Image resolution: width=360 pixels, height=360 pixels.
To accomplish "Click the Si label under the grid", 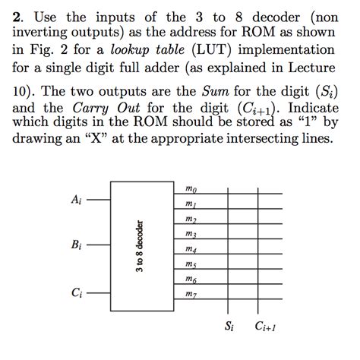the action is pos(229,328).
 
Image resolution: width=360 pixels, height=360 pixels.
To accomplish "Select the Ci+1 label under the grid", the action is pos(266,328).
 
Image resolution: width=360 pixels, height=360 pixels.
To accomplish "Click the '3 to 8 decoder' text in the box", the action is pos(139,248).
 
